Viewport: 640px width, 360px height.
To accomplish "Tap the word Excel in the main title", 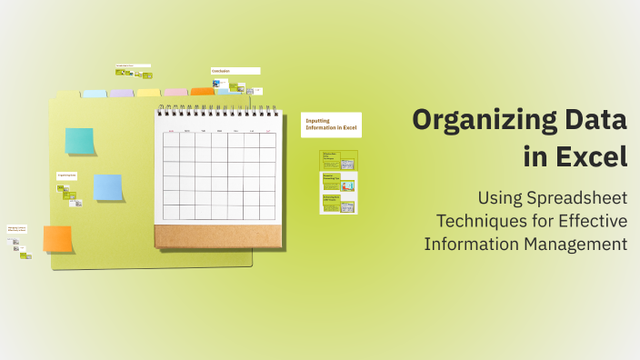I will coord(588,156).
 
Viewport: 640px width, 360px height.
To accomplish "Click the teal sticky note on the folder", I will coord(79,141).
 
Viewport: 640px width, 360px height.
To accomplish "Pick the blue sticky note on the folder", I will coord(108,187).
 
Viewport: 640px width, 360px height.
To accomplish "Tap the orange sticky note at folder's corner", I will coord(57,239).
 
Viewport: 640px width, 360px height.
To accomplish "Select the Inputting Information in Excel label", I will coord(331,125).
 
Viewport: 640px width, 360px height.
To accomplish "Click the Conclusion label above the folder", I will coord(235,70).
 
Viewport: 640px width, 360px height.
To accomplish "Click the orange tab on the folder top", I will coord(202,92).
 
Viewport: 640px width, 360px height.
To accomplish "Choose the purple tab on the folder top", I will coord(122,94).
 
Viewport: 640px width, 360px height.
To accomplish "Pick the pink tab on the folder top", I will coord(175,93).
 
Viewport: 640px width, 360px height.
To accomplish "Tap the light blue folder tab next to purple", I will coord(95,94).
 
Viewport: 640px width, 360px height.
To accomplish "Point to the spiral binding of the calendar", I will coord(216,111).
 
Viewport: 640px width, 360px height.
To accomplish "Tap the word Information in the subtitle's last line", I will coord(471,244).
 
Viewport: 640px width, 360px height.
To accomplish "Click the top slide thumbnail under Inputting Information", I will coord(338,160).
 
